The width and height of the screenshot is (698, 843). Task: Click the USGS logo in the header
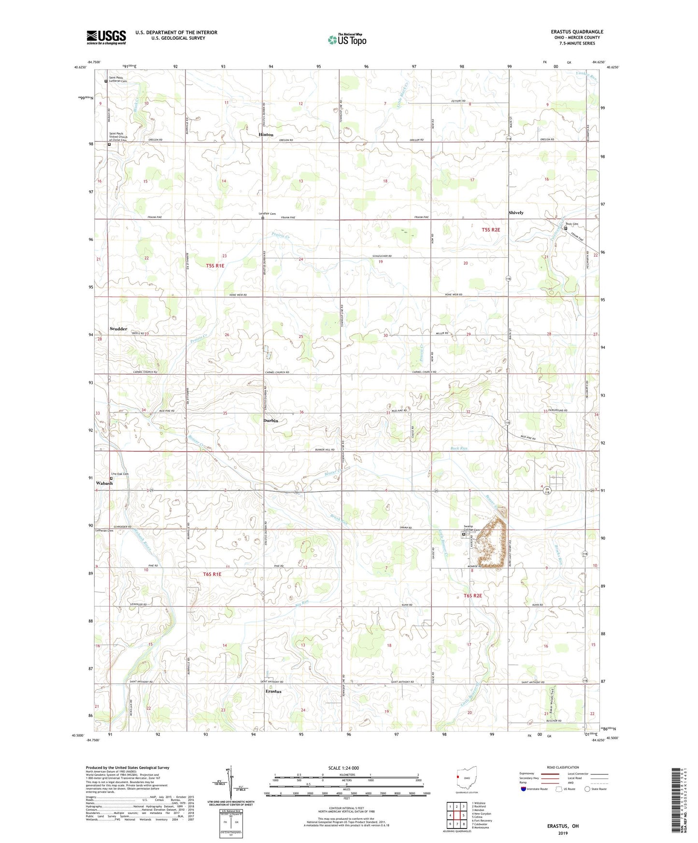106,37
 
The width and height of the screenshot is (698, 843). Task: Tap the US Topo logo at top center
346,40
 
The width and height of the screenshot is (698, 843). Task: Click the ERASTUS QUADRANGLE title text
577,32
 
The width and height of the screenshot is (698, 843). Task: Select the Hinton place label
266,135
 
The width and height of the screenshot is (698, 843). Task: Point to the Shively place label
516,212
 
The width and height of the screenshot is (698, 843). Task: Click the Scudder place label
118,329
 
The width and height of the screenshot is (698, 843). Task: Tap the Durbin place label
271,421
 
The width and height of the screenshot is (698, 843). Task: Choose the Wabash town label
104,483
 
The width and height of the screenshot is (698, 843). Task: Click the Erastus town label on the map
273,691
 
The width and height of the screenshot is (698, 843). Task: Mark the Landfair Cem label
267,213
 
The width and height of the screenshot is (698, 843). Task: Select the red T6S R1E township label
212,574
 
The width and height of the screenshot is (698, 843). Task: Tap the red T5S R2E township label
491,230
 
